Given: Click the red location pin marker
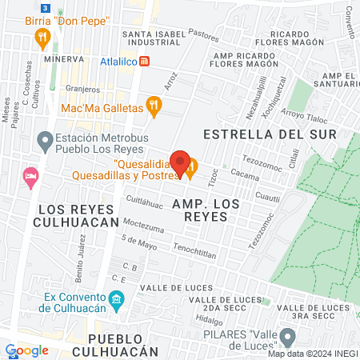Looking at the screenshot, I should click(181, 163).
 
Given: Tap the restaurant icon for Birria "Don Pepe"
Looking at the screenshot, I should click(48, 36).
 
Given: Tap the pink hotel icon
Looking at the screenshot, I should click(31, 175).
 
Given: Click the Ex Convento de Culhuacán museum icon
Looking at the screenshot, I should click(117, 302).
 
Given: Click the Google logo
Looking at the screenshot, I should click(26, 350).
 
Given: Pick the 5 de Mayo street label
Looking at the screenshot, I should click(138, 240).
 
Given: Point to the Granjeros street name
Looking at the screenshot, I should click(83, 90).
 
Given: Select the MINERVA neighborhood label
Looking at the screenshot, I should click(64, 59).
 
